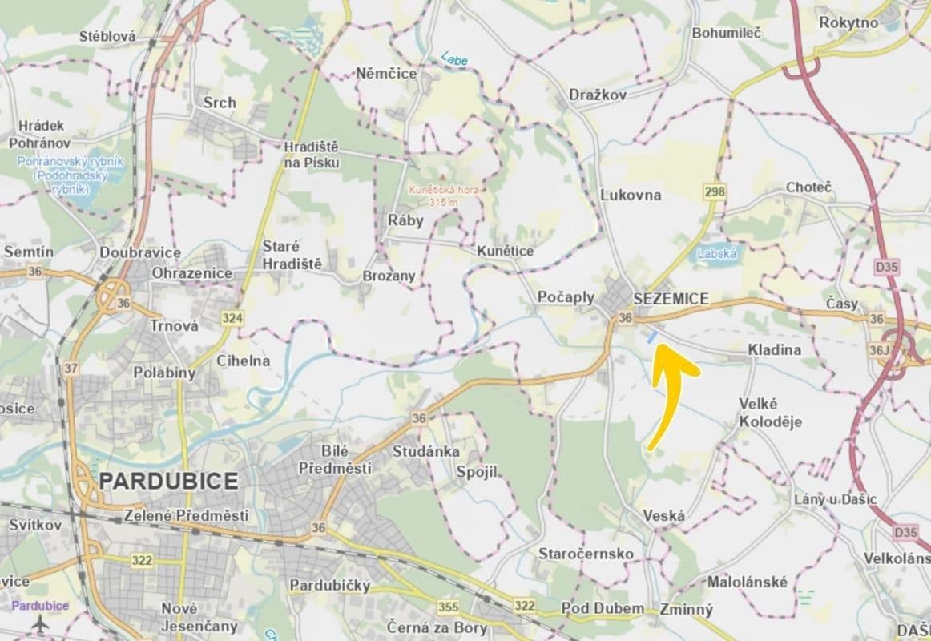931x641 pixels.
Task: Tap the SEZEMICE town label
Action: (671, 298)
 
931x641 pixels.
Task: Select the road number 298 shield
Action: (715, 191)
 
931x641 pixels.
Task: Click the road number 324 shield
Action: (232, 318)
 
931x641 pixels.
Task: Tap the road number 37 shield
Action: (71, 368)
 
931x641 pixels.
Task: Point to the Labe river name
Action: (453, 58)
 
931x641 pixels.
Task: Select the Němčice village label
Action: (386, 73)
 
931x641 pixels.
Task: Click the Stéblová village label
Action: (110, 36)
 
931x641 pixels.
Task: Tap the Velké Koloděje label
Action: (770, 413)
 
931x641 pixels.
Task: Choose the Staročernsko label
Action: (586, 554)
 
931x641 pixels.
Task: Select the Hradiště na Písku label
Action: (312, 155)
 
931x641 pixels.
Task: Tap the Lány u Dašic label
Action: (835, 499)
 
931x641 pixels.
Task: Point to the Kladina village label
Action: (774, 350)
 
